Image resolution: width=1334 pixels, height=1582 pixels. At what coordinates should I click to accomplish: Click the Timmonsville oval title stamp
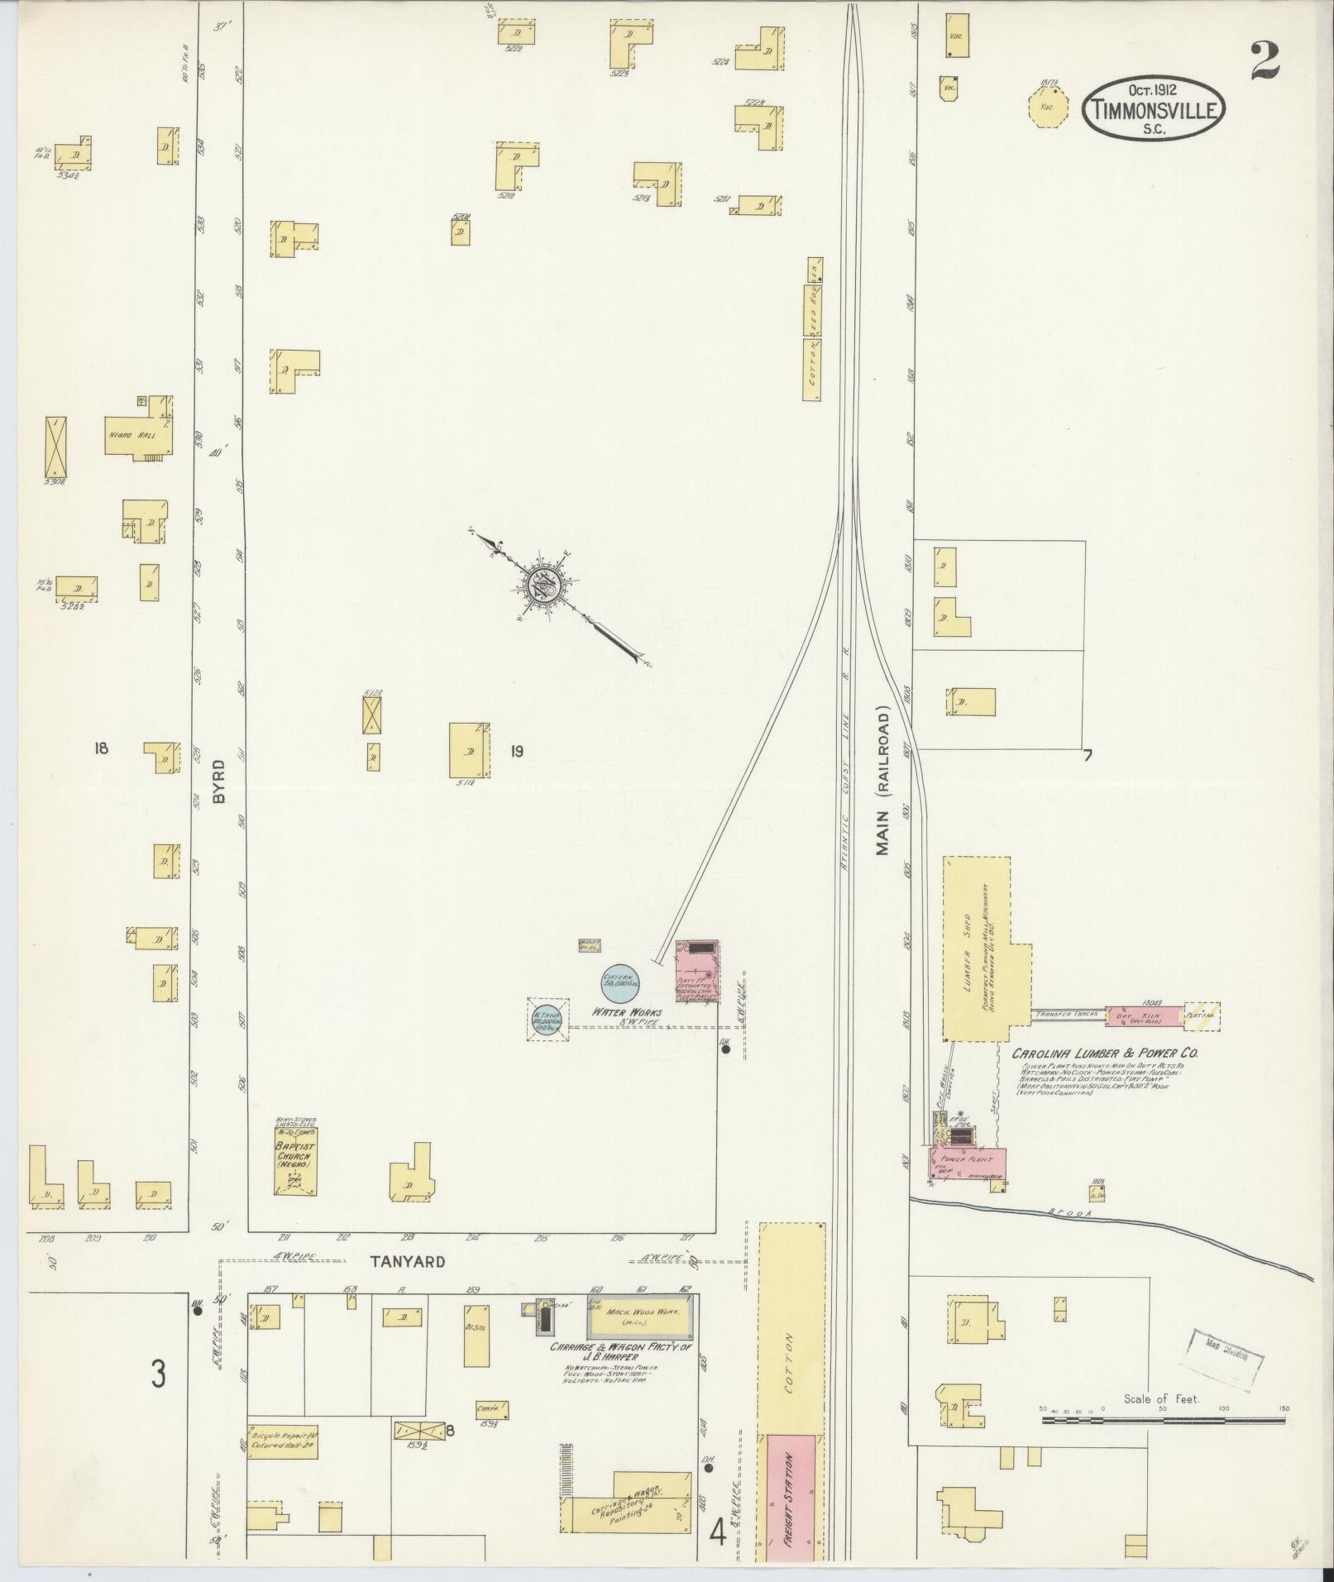pos(1154,110)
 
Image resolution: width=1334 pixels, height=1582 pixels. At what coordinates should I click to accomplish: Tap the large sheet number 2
pos(1265,60)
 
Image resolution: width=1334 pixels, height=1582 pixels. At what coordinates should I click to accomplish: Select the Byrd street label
pos(218,781)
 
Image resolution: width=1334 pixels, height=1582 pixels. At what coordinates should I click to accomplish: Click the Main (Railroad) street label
pos(883,780)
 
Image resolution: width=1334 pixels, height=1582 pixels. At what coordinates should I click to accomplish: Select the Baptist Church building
pos(297,1158)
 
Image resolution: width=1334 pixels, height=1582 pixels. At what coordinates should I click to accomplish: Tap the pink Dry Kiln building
pos(1141,1016)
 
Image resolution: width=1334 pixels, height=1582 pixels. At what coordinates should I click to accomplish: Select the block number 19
pos(516,752)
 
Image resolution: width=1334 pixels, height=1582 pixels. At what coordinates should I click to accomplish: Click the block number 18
pos(101,748)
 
